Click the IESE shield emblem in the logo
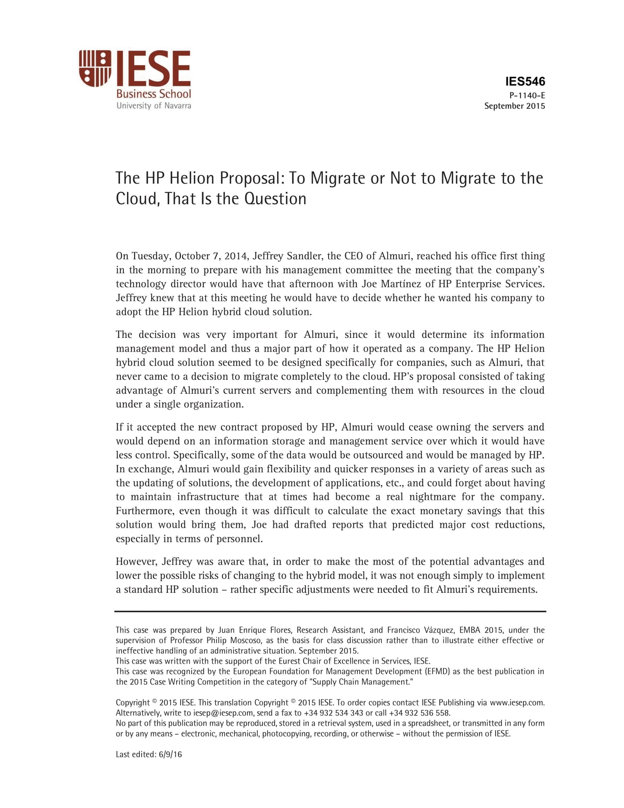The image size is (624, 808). [95, 68]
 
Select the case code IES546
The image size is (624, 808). [525, 81]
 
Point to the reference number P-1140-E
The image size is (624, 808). [527, 95]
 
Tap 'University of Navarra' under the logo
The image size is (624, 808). [153, 106]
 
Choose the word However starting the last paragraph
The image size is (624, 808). [136, 562]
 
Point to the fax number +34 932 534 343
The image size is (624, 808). [333, 713]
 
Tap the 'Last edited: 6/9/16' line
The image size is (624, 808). [149, 754]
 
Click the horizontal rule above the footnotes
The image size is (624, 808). [330, 611]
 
